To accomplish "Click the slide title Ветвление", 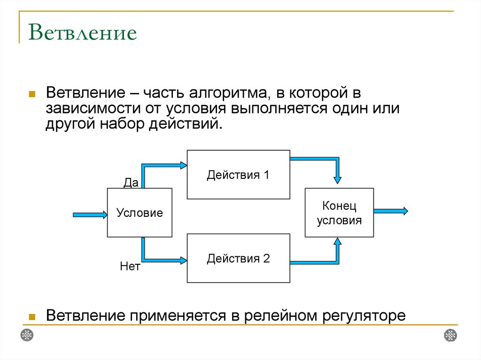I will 83,33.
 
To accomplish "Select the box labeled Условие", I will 140,213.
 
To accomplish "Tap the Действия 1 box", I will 238,175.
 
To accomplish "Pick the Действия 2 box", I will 238,258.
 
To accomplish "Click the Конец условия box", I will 339,213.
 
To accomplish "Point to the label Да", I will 131,183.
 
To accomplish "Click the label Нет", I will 130,268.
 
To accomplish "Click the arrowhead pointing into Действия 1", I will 183,165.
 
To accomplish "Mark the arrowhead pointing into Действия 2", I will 183,259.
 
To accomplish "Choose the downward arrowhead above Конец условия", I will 338,179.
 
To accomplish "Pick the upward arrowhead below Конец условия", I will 337,242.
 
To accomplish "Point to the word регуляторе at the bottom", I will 363,315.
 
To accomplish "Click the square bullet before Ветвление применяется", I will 32,316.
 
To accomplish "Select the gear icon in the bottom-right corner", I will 450,335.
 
